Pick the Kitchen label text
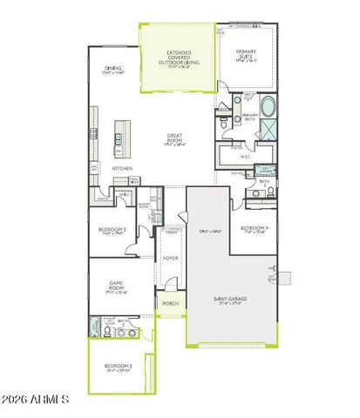[x=122, y=167]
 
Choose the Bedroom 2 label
[x=118, y=367]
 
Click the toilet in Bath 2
[x=106, y=332]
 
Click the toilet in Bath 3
[x=271, y=191]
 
